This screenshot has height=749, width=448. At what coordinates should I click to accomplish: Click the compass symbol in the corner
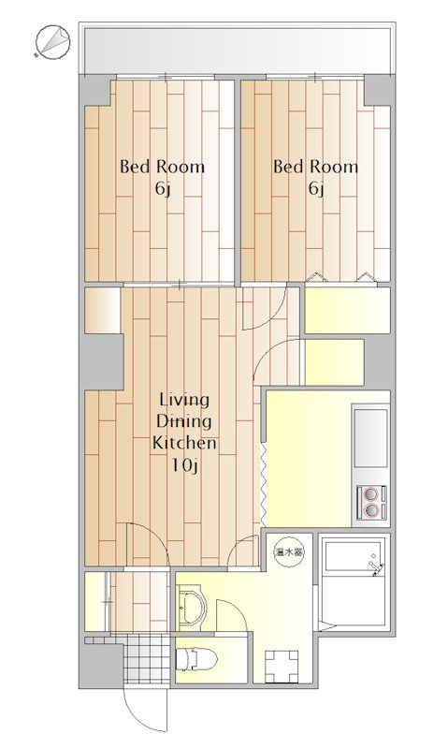pyautogui.click(x=53, y=42)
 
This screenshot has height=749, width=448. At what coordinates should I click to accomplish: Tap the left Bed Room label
pyautogui.click(x=162, y=168)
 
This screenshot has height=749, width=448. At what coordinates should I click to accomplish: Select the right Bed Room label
pyautogui.click(x=315, y=168)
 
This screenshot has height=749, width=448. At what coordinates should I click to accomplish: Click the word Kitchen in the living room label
pyautogui.click(x=184, y=443)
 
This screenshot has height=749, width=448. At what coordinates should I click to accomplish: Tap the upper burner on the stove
pyautogui.click(x=370, y=492)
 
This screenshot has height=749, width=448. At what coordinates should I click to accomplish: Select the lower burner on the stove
pyautogui.click(x=370, y=510)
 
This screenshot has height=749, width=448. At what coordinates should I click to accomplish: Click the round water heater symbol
pyautogui.click(x=288, y=552)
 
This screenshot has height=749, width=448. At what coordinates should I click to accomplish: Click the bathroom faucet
pyautogui.click(x=376, y=566)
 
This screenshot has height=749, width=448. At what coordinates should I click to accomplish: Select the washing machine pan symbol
pyautogui.click(x=282, y=667)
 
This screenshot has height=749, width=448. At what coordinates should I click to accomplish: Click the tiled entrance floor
pyautogui.click(x=147, y=659)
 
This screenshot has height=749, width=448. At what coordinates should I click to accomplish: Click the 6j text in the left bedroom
pyautogui.click(x=162, y=190)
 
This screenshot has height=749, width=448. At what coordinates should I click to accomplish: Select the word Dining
pyautogui.click(x=184, y=421)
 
